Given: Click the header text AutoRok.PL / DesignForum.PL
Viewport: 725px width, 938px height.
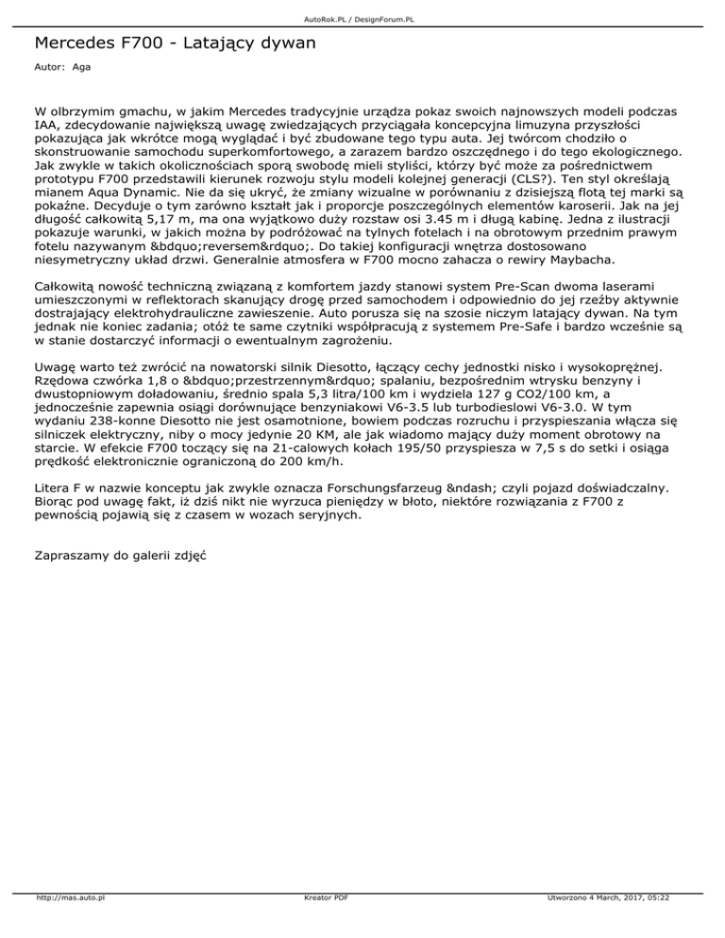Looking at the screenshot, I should pyautogui.click(x=362, y=18).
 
